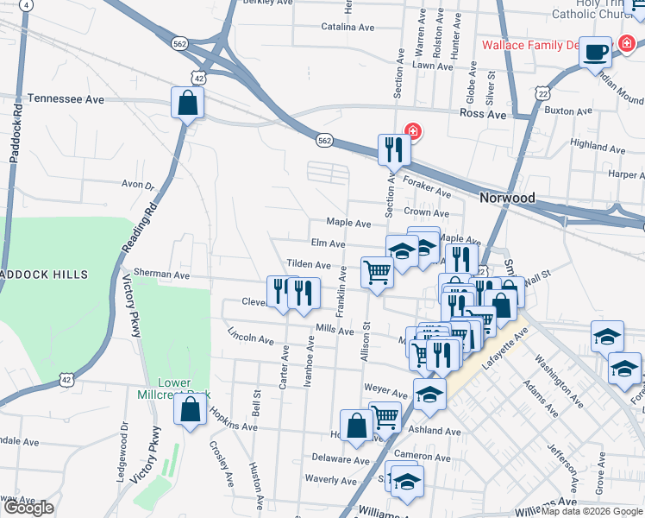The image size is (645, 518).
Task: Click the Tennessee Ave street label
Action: point(66,99)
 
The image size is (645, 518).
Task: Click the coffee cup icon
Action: point(596,52)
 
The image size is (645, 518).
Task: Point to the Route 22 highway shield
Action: point(542,92)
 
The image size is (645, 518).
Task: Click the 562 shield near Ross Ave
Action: point(323,140)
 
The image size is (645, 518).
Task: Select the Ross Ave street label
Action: point(483,113)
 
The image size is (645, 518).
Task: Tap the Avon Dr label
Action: point(137,185)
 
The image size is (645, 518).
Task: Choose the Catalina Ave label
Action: point(347,27)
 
